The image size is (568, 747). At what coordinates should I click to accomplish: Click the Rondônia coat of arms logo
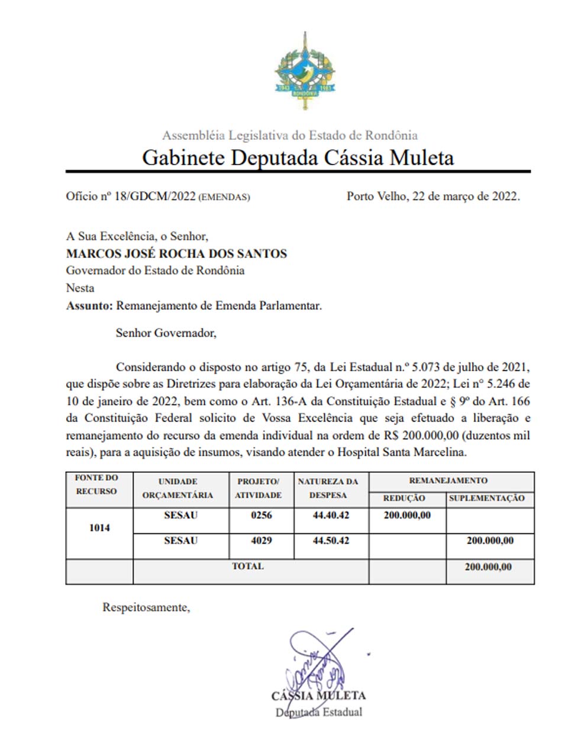(305, 72)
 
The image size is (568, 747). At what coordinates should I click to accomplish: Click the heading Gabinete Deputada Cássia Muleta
(298, 157)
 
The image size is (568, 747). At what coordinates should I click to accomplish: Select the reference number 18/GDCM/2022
(154, 197)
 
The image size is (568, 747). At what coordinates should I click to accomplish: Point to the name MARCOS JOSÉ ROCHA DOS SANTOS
(176, 254)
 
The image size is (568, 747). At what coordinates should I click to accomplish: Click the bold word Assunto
(89, 306)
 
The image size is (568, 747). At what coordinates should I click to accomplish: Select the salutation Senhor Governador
(166, 333)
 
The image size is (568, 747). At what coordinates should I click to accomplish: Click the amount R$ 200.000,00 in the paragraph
(421, 436)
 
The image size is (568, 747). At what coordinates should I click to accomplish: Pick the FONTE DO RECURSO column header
(96, 484)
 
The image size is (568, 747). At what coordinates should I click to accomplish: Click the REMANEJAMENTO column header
(448, 481)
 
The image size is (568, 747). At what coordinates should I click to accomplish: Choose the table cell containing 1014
(99, 528)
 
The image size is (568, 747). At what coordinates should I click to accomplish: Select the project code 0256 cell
(262, 516)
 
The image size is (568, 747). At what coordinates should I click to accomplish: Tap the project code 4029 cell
(262, 541)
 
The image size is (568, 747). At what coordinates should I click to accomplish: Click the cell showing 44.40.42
(331, 516)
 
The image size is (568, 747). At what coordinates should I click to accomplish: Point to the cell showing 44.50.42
(331, 541)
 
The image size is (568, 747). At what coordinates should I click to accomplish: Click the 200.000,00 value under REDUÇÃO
(407, 516)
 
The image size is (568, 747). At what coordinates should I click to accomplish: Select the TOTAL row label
(248, 566)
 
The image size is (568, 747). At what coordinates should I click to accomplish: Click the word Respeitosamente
(146, 608)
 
